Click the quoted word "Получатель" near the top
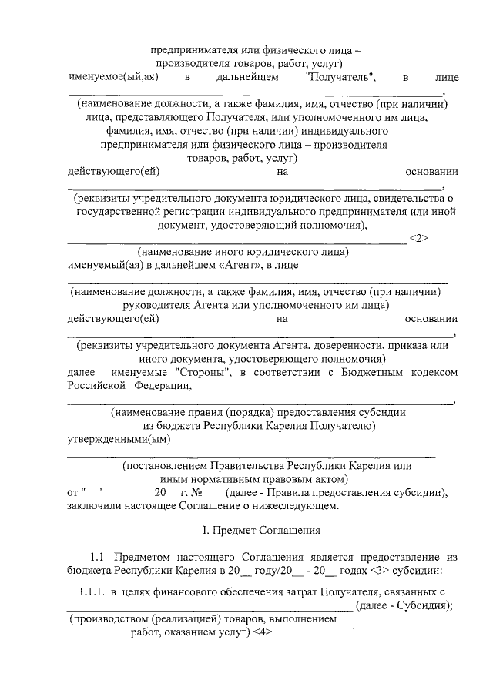[x=340, y=78]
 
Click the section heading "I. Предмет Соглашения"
[x=246, y=531]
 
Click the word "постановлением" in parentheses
[x=165, y=466]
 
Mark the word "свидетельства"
[x=403, y=199]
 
